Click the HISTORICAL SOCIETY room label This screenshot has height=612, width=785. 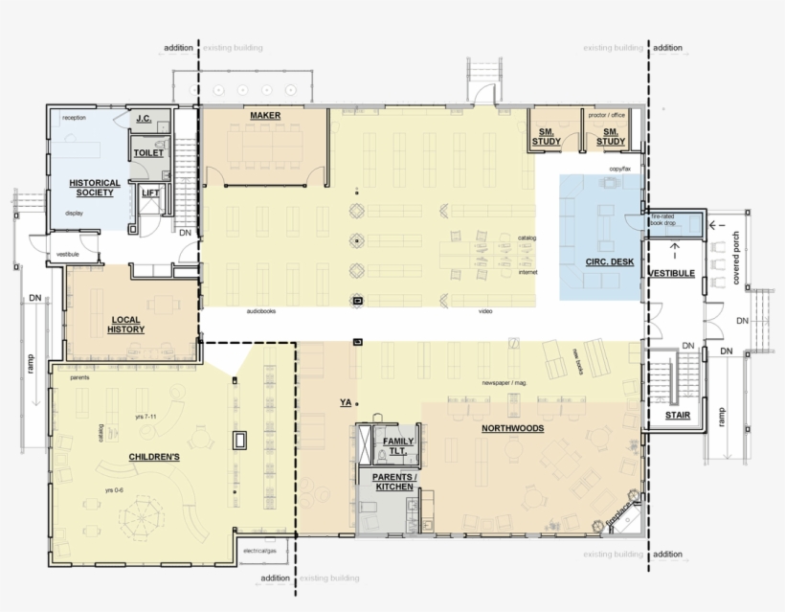[x=95, y=188]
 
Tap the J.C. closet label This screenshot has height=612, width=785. [x=145, y=119]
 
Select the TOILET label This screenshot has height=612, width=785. [x=148, y=152]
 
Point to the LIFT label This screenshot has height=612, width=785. [x=150, y=193]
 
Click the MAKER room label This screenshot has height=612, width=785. [x=264, y=116]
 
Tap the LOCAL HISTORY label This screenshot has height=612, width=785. [x=127, y=324]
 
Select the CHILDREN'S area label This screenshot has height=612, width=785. [x=154, y=457]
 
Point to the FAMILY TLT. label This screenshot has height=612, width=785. [x=398, y=446]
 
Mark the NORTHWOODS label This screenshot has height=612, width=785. [x=512, y=428]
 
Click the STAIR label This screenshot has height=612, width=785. [x=678, y=416]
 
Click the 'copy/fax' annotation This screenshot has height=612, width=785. [x=621, y=169]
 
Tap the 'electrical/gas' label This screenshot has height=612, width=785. [x=260, y=551]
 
